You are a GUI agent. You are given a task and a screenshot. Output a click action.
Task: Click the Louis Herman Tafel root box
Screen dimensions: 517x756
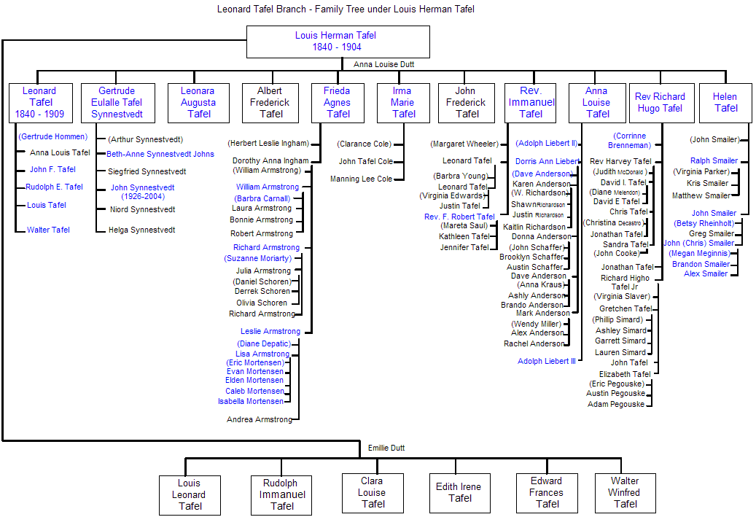click(x=338, y=42)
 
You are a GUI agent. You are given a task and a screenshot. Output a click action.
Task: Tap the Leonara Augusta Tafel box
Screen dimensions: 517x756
click(x=198, y=103)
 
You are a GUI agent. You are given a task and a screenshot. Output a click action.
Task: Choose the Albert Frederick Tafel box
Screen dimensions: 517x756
click(x=270, y=103)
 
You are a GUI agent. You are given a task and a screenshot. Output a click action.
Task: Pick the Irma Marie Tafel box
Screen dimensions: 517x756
click(x=403, y=103)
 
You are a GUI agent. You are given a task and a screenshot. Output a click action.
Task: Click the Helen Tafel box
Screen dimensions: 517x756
click(x=725, y=103)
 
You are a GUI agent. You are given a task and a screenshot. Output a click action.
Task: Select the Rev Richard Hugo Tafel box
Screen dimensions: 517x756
click(x=659, y=103)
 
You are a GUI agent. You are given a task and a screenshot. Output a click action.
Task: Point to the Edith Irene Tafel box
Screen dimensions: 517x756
click(x=459, y=493)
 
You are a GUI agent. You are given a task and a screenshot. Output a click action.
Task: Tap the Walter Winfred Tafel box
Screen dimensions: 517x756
click(x=626, y=493)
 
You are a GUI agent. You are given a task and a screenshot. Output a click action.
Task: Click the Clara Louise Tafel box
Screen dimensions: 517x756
click(x=373, y=493)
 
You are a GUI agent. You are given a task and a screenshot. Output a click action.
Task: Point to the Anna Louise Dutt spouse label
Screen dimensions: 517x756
click(x=384, y=64)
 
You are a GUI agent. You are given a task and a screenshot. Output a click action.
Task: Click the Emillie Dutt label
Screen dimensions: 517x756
click(x=386, y=448)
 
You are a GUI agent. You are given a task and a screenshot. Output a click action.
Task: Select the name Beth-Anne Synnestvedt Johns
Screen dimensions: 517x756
click(x=160, y=155)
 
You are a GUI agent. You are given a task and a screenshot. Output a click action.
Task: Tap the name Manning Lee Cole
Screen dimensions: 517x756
click(x=361, y=179)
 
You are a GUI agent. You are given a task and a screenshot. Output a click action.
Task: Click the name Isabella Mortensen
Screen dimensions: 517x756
click(x=250, y=401)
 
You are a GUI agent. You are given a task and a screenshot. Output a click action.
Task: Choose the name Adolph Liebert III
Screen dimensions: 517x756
click(x=547, y=361)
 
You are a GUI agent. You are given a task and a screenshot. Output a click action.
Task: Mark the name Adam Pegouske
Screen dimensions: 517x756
click(x=616, y=404)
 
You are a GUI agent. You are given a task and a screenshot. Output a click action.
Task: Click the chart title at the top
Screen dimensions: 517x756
click(x=346, y=9)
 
